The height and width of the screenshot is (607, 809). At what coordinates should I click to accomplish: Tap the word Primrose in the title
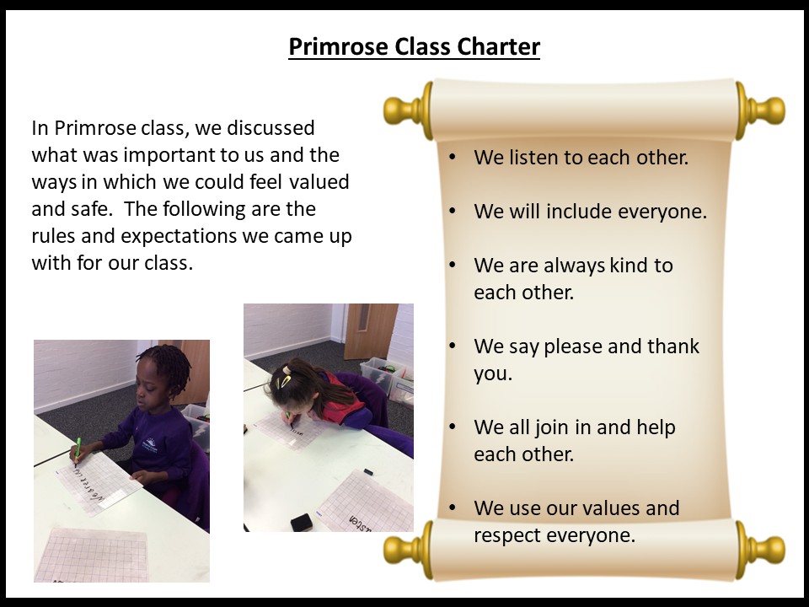pos(339,46)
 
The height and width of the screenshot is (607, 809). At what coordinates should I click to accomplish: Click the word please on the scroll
pos(573,346)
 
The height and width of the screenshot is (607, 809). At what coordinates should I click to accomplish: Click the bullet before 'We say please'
pos(453,346)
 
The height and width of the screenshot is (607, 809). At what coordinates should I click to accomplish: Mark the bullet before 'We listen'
pos(453,157)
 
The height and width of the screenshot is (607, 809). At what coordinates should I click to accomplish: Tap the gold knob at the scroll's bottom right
pos(763,549)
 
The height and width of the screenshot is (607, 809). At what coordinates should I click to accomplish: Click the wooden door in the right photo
pos(371,330)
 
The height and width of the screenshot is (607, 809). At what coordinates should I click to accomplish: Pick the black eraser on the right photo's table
pos(302,523)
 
